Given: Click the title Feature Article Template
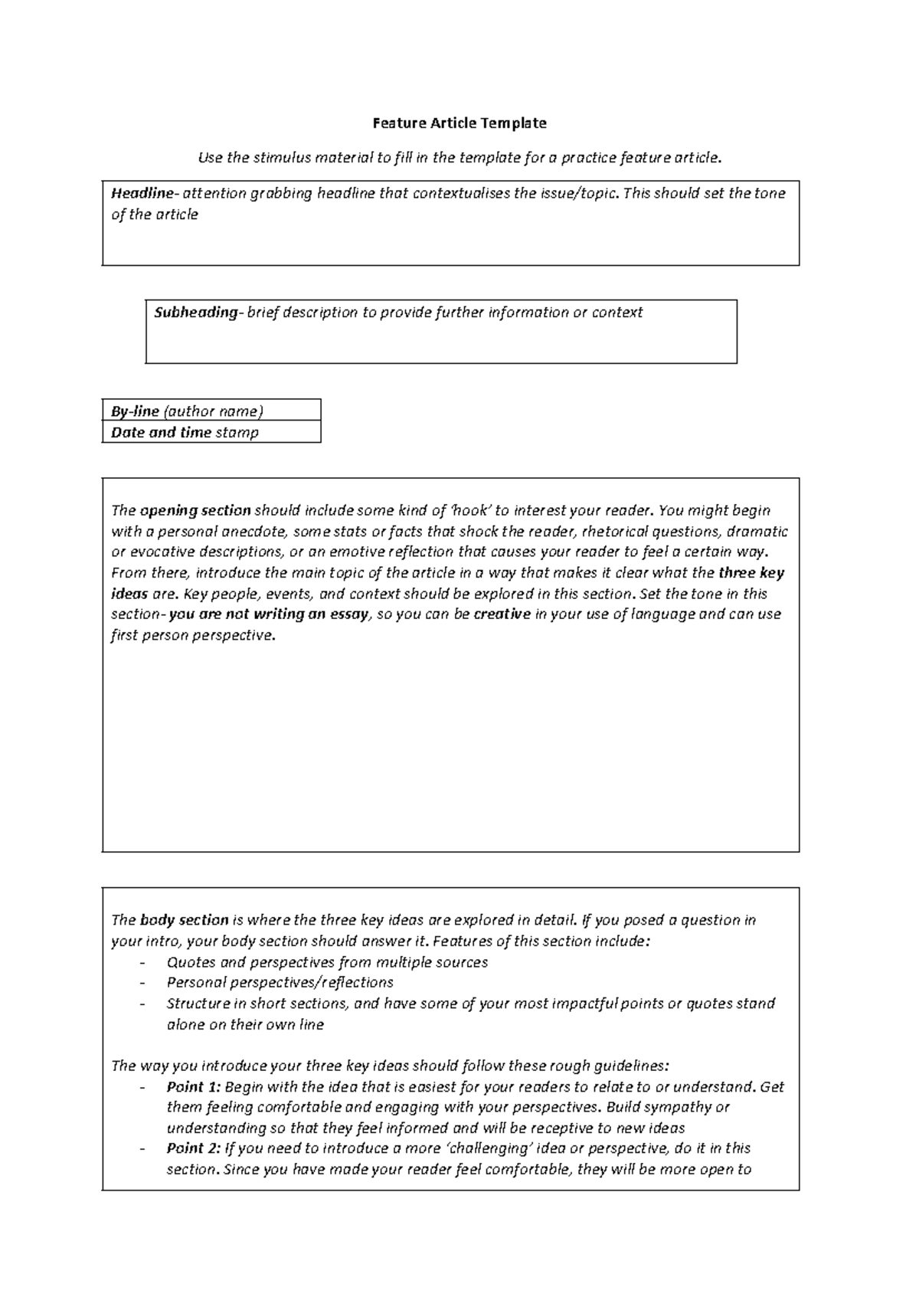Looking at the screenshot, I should pos(459,123).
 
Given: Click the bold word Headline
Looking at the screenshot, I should pos(142,193).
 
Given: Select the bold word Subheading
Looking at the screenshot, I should pos(196,313).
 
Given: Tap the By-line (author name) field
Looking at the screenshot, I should pos(211,411).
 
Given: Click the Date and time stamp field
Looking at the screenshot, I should pos(211,432).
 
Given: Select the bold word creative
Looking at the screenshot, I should pos(502,614).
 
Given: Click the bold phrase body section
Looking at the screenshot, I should pos(184,920).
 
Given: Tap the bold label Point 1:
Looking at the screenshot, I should pos(193,1087).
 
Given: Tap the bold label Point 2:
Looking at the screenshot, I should pos(193,1148).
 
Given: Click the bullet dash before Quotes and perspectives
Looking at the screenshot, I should pos(142,963).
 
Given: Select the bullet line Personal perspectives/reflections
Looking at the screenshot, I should pos(280,983).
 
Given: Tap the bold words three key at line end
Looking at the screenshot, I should pos(751,573).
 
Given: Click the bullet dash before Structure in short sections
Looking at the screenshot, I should pos(142,1004).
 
